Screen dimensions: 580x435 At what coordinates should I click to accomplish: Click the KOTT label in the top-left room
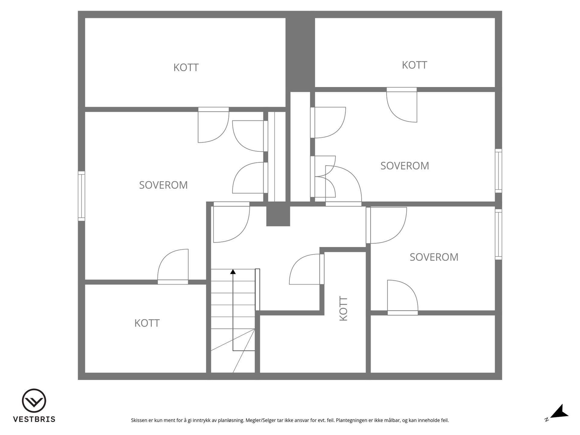[186, 67]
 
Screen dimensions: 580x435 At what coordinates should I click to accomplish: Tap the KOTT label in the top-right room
[414, 65]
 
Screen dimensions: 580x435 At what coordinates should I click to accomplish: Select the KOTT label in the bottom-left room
[147, 323]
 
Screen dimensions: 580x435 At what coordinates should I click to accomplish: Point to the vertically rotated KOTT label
[343, 308]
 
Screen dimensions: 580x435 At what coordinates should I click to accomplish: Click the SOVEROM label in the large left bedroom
[163, 185]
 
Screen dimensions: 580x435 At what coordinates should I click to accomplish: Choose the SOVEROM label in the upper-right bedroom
[404, 166]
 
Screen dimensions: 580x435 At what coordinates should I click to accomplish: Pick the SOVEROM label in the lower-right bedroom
[434, 257]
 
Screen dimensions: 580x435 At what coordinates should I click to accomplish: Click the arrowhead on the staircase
[233, 272]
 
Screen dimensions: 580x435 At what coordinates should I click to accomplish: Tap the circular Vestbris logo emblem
[34, 401]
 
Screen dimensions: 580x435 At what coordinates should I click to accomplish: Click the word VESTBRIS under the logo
[34, 419]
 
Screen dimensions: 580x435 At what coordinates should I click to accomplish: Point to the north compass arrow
[559, 411]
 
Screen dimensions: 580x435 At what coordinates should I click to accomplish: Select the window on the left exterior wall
[81, 196]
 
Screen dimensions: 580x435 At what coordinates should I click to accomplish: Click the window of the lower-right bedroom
[498, 234]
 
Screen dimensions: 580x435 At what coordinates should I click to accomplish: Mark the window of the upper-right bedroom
[498, 171]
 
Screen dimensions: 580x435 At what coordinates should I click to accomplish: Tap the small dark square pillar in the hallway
[278, 216]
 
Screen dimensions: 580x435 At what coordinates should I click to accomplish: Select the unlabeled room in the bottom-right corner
[433, 344]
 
